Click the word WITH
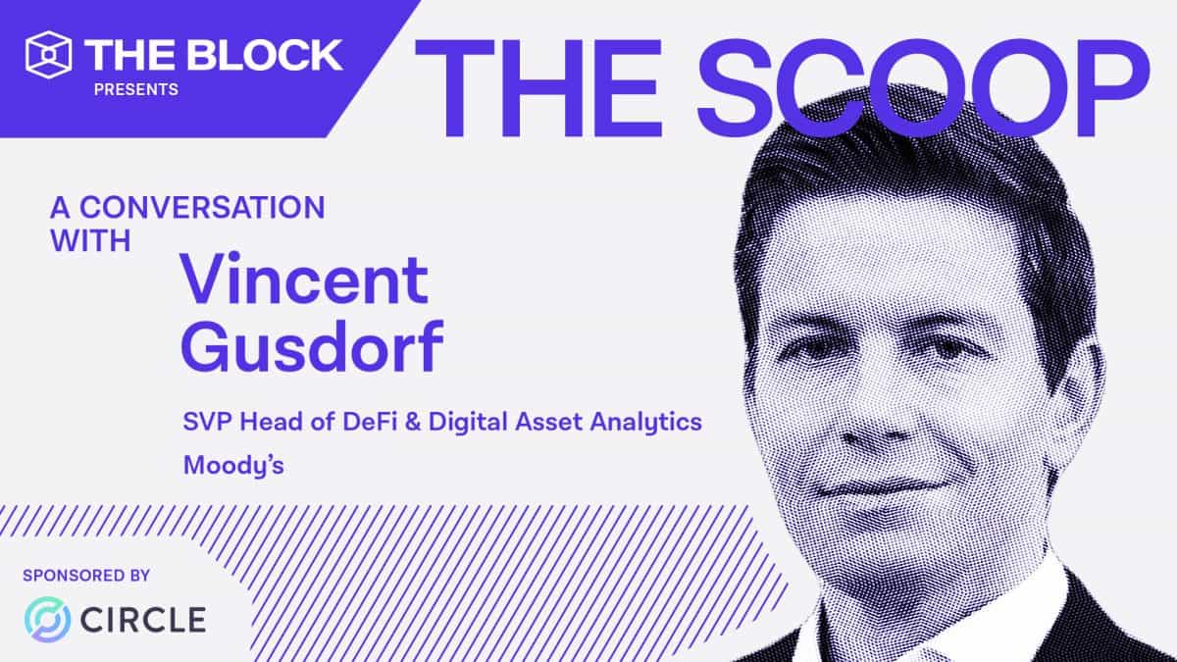pyautogui.click(x=90, y=240)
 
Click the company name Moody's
pyautogui.click(x=233, y=464)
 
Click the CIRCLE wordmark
pyautogui.click(x=144, y=620)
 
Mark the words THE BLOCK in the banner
pyautogui.click(x=214, y=55)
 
